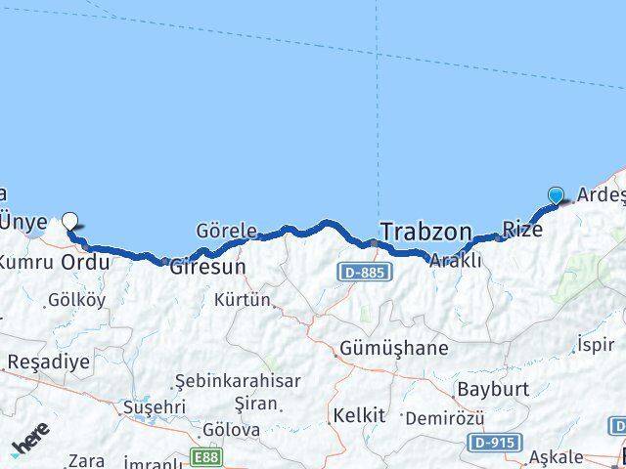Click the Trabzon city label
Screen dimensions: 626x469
click(425, 232)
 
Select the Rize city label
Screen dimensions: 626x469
click(521, 230)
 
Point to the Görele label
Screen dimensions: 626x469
click(226, 232)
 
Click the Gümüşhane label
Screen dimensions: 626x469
click(394, 348)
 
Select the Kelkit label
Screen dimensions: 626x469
click(359, 415)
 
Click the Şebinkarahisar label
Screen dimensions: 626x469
click(237, 381)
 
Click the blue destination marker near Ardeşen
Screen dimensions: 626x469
click(557, 194)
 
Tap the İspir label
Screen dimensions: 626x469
click(595, 345)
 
